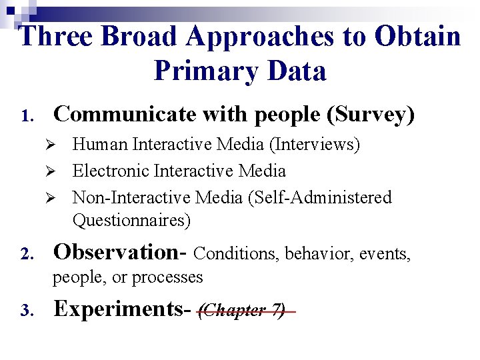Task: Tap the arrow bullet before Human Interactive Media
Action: click(58, 145)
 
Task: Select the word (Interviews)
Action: click(316, 144)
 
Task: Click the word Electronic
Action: click(111, 171)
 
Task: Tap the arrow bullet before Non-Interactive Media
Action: click(58, 198)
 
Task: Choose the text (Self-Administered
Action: click(326, 197)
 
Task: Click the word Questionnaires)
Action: click(131, 219)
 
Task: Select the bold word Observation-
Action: click(121, 252)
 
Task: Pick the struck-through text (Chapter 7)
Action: click(243, 310)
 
